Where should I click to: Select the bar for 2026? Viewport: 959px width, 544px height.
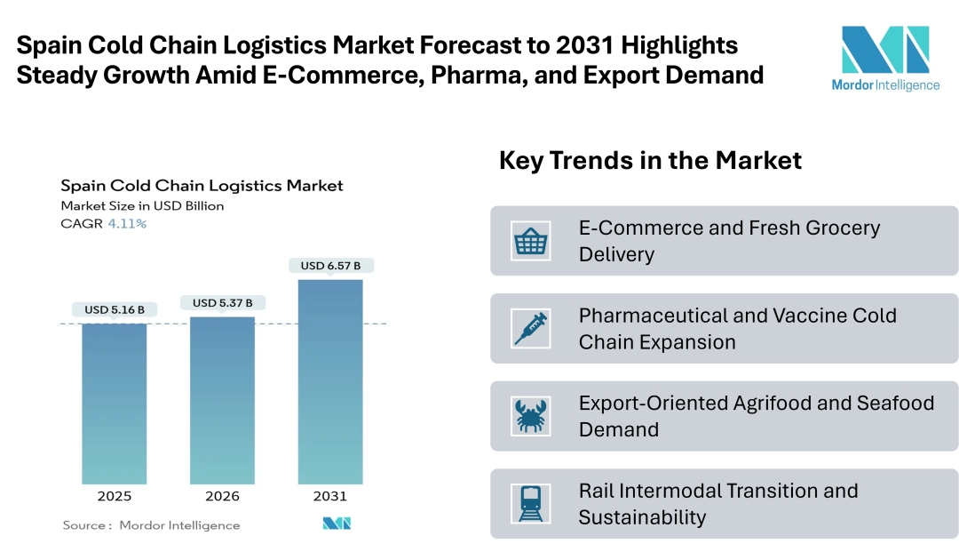[x=223, y=399]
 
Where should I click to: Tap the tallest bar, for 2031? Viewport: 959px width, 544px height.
[x=330, y=381]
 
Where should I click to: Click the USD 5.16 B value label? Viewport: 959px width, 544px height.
[x=115, y=310]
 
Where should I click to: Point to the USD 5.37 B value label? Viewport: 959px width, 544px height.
[x=223, y=303]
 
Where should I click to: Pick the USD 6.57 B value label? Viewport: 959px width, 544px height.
[x=330, y=266]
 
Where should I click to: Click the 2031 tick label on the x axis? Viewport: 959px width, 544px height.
[x=330, y=496]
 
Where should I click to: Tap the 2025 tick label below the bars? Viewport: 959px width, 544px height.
[x=115, y=496]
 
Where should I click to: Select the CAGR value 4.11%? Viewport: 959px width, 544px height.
[x=127, y=224]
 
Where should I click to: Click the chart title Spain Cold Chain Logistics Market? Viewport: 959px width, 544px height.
[x=202, y=186]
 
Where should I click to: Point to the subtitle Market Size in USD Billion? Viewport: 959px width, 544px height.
[x=142, y=206]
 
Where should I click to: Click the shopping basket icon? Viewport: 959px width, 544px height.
[x=531, y=241]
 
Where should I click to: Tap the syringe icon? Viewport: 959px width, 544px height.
[x=531, y=328]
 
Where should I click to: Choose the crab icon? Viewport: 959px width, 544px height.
[x=531, y=416]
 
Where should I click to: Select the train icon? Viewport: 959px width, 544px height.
[x=531, y=503]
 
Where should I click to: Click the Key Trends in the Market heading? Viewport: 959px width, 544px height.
[x=650, y=160]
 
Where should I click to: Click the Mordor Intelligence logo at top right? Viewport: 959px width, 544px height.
[x=884, y=59]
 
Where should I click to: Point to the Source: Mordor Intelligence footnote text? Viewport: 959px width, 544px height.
[x=151, y=525]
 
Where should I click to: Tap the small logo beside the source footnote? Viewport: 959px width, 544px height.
[x=337, y=524]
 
